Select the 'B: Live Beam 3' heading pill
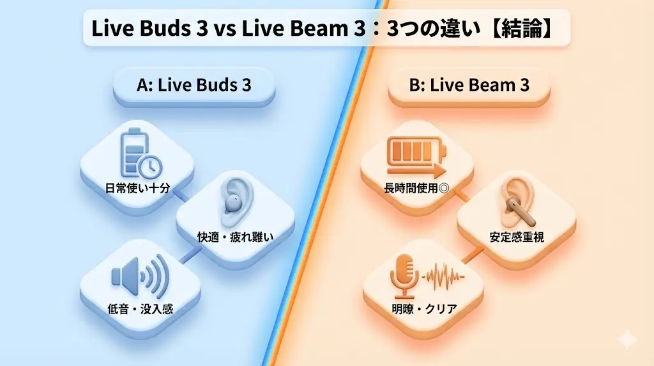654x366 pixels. pos(469,86)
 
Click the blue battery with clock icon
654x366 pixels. pos(137,154)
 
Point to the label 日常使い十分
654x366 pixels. pos(137,189)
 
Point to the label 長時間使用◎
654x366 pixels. pos(417,189)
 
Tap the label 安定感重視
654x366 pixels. pos(517,237)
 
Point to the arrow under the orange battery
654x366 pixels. pos(416,171)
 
